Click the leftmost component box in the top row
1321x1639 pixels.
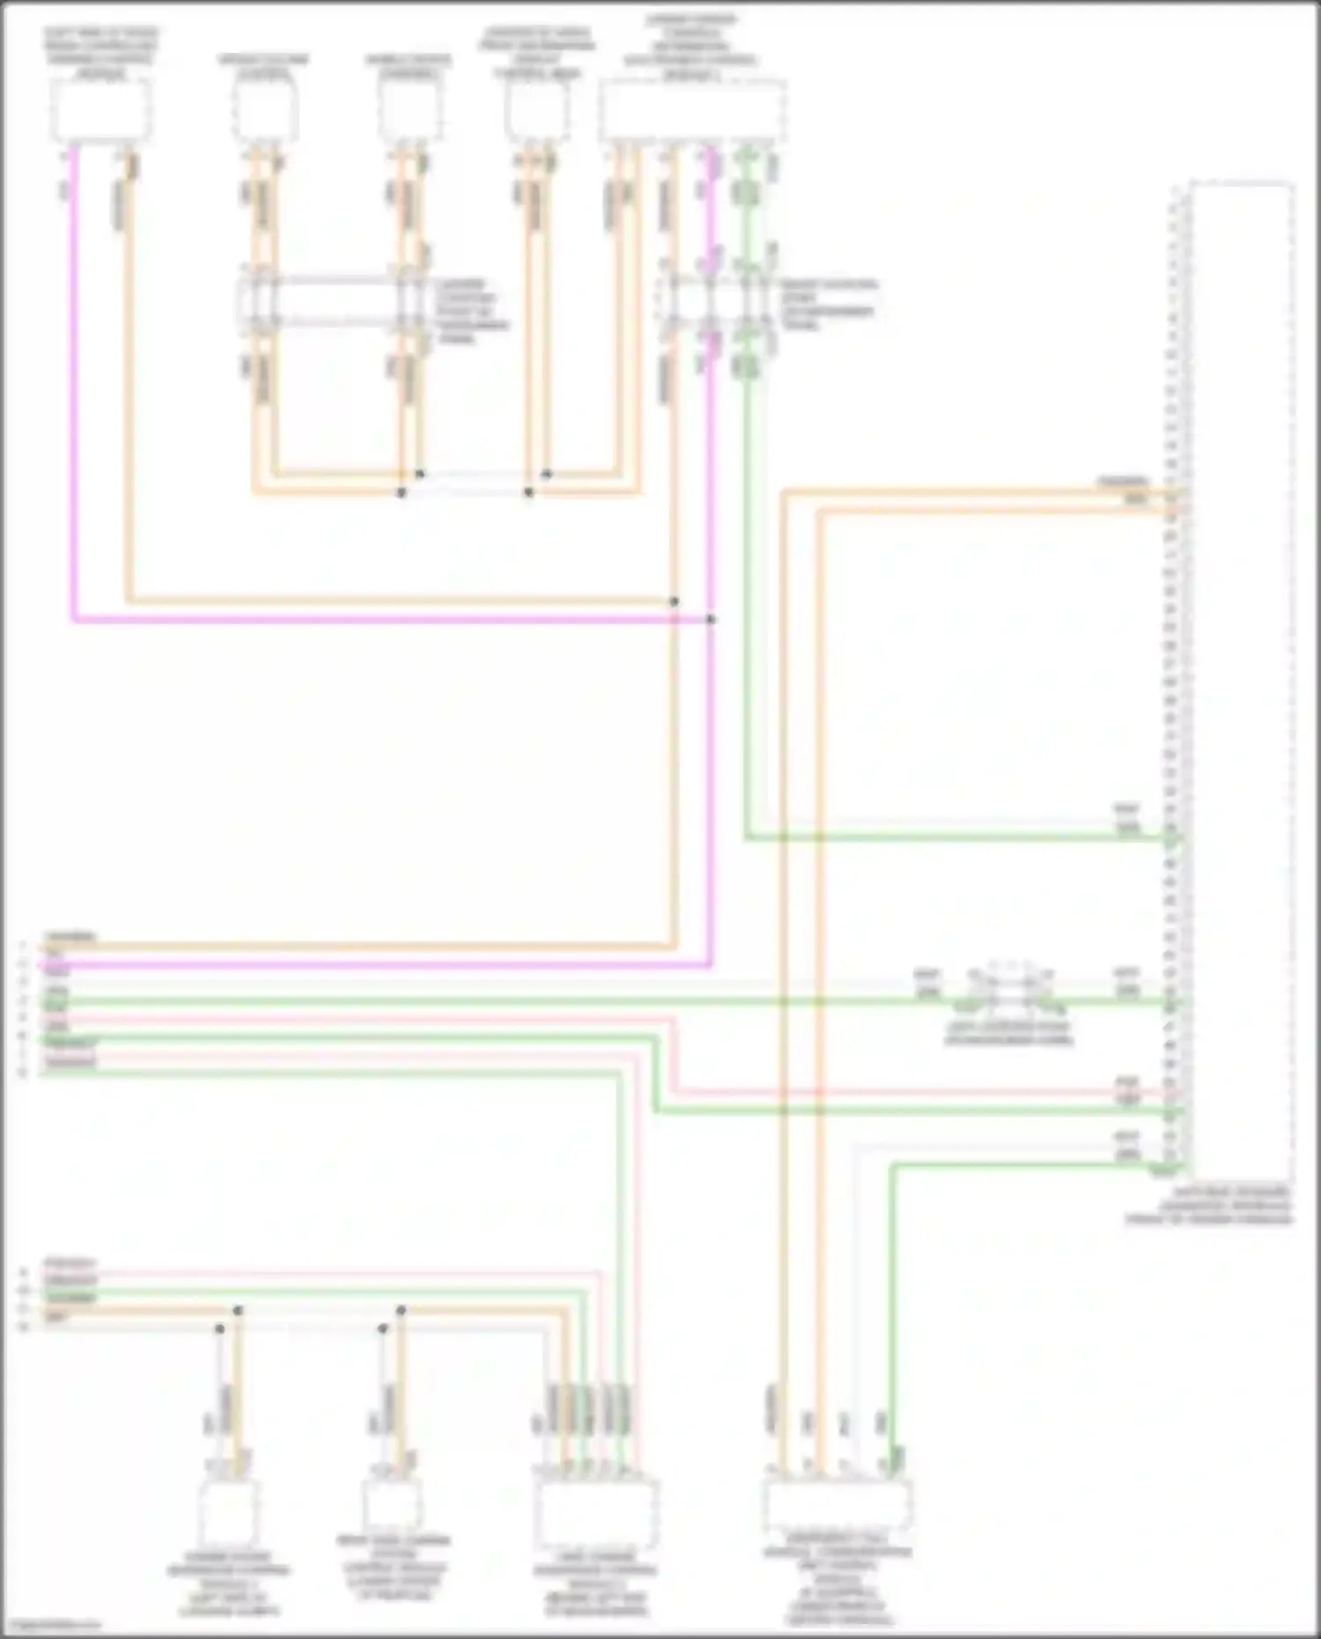pyautogui.click(x=100, y=111)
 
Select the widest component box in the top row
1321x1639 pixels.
pyautogui.click(x=693, y=111)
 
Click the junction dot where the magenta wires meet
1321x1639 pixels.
pyautogui.click(x=711, y=620)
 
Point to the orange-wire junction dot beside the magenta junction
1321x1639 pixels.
pyautogui.click(x=674, y=602)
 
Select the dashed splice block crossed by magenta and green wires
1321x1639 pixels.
pyautogui.click(x=718, y=304)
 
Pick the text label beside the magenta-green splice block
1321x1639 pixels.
pyautogui.click(x=828, y=304)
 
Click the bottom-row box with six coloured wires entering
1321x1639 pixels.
pyautogui.click(x=595, y=1513)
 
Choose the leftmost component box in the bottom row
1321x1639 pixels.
pyautogui.click(x=228, y=1513)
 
